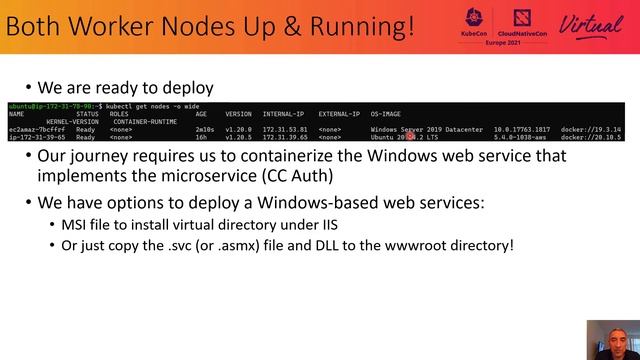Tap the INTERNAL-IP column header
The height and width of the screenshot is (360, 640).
283,114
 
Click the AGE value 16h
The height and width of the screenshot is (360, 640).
201,137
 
